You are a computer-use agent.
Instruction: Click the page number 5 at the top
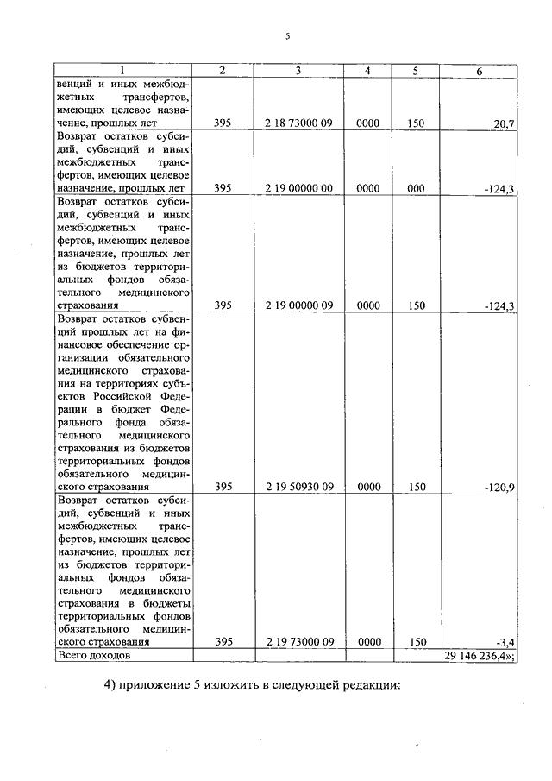[288, 36]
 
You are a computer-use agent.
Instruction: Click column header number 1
[122, 71]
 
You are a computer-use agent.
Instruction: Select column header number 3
[298, 71]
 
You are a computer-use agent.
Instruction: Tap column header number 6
[480, 71]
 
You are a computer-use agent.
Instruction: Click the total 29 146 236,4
[478, 656]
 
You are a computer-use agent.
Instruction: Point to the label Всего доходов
[94, 656]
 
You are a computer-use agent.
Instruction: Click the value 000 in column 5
[417, 187]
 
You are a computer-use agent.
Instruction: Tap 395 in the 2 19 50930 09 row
[223, 487]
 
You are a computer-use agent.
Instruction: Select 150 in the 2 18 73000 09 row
[417, 124]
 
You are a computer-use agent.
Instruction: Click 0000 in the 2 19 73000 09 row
[368, 641]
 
